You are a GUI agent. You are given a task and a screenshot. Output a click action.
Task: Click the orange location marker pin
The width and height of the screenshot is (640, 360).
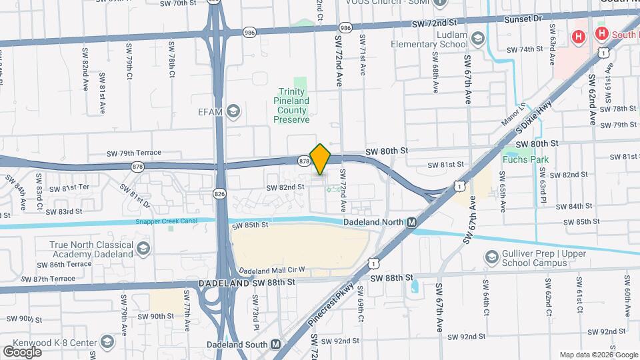321,159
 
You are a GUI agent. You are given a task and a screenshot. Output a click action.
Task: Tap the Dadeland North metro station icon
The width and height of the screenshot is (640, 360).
412,222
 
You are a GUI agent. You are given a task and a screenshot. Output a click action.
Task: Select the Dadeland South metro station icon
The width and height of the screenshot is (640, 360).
276,345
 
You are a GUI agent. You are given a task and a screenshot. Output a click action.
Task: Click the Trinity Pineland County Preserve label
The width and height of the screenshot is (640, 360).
292,105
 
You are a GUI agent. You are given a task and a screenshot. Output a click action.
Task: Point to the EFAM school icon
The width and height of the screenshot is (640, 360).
233,111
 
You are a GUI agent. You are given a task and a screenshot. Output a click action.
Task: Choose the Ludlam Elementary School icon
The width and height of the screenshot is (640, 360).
477,39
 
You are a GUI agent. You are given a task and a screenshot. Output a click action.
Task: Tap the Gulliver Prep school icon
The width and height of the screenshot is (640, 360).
492,257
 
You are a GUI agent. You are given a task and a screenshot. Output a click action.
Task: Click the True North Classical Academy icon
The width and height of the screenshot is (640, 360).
143,249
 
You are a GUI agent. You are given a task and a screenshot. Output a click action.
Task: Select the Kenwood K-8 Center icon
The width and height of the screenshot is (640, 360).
106,343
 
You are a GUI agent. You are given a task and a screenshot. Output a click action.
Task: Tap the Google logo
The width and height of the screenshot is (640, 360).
23,351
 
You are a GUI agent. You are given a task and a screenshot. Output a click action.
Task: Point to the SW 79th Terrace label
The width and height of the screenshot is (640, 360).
134,153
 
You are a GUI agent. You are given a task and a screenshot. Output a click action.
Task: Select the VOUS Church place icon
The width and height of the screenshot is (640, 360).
441,3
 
